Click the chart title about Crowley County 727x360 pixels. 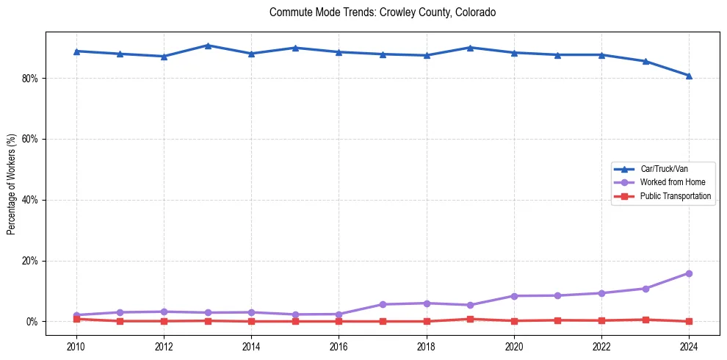(383, 12)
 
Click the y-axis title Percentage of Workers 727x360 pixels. (12, 184)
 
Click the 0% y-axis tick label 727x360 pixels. (32, 322)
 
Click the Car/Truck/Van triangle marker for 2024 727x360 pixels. (689, 76)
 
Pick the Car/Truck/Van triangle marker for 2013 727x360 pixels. (208, 46)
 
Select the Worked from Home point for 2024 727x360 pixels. (689, 273)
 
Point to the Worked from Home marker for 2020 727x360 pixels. (514, 296)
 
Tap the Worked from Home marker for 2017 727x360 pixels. (383, 304)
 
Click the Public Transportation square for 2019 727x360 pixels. (470, 319)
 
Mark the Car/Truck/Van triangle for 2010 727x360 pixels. (76, 51)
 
